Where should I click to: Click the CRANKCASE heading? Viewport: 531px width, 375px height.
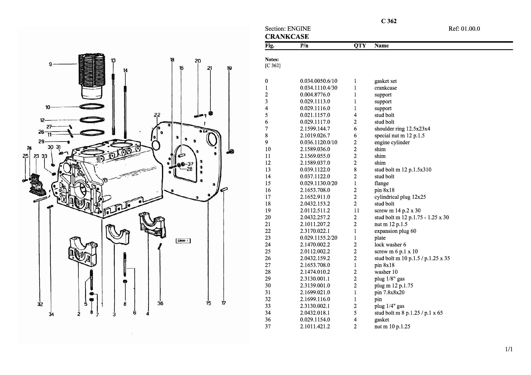(x=287, y=37)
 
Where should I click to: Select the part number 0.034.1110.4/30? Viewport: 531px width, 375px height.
(x=318, y=88)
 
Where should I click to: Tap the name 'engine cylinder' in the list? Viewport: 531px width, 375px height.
(x=392, y=142)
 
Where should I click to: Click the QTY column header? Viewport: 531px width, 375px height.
(x=360, y=46)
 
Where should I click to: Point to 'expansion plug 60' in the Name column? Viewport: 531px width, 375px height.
(x=395, y=231)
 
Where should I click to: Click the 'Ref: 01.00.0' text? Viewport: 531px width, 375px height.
(x=464, y=29)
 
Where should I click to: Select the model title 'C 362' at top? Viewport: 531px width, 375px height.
(x=388, y=21)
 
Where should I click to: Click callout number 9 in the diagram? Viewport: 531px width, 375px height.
(x=51, y=64)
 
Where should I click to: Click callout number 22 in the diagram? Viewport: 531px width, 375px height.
(x=157, y=115)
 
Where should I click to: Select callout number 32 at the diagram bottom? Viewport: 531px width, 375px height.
(x=40, y=304)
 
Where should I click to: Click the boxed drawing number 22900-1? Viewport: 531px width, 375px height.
(x=183, y=241)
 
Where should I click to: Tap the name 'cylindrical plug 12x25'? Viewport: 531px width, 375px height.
(x=400, y=197)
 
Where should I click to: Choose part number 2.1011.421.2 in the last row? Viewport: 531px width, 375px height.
(x=315, y=327)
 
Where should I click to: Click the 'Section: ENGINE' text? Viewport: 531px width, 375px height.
(x=288, y=29)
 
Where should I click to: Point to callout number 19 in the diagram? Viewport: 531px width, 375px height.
(x=229, y=68)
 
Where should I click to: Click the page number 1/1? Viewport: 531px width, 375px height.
(x=509, y=350)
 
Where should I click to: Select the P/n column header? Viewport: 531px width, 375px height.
(x=304, y=46)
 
